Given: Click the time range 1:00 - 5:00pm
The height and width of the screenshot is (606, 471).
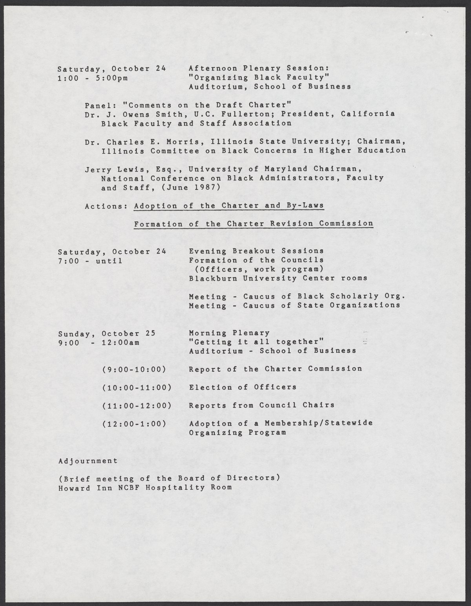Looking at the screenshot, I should pyautogui.click(x=93, y=78).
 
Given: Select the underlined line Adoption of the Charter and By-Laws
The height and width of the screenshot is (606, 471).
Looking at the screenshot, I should pyautogui.click(x=229, y=206).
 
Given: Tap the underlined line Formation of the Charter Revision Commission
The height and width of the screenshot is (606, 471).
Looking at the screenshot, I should pyautogui.click(x=253, y=224).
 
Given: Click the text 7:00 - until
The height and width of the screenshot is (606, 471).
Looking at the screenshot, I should pyautogui.click(x=90, y=260).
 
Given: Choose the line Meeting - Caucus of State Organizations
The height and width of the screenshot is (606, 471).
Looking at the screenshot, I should pyautogui.click(x=294, y=305).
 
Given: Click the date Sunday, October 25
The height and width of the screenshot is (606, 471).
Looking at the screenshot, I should pyautogui.click(x=107, y=333).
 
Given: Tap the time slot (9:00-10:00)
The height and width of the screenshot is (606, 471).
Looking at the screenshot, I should pyautogui.click(x=133, y=369).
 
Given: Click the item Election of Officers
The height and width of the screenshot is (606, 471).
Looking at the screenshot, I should pyautogui.click(x=243, y=387).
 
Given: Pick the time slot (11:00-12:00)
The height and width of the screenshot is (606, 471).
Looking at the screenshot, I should pyautogui.click(x=137, y=405).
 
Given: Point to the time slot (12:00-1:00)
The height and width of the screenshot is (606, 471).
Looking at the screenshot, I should pyautogui.click(x=133, y=423).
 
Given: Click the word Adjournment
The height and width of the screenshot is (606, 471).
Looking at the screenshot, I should pyautogui.click(x=88, y=461).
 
